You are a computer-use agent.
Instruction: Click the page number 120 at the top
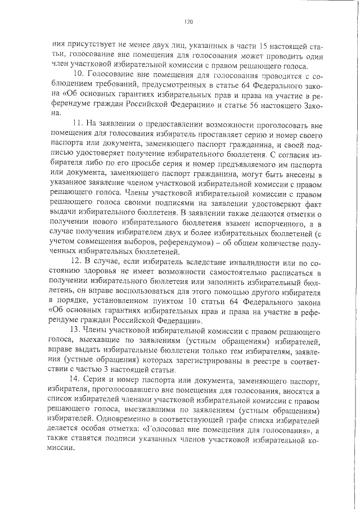[188, 22]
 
